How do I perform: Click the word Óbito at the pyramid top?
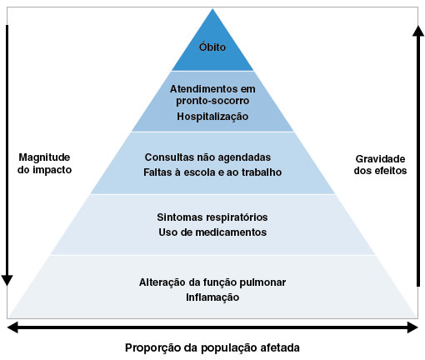[212, 47]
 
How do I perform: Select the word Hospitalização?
[212, 117]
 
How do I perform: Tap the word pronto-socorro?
[212, 101]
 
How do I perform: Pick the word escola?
[200, 172]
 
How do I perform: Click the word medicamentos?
[231, 232]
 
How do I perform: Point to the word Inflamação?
[212, 297]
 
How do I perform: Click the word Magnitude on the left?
[44, 157]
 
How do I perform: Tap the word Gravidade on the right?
[380, 159]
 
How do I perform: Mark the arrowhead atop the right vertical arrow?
[418, 31]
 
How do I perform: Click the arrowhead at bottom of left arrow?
[7, 280]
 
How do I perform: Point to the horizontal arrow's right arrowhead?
[412, 327]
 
